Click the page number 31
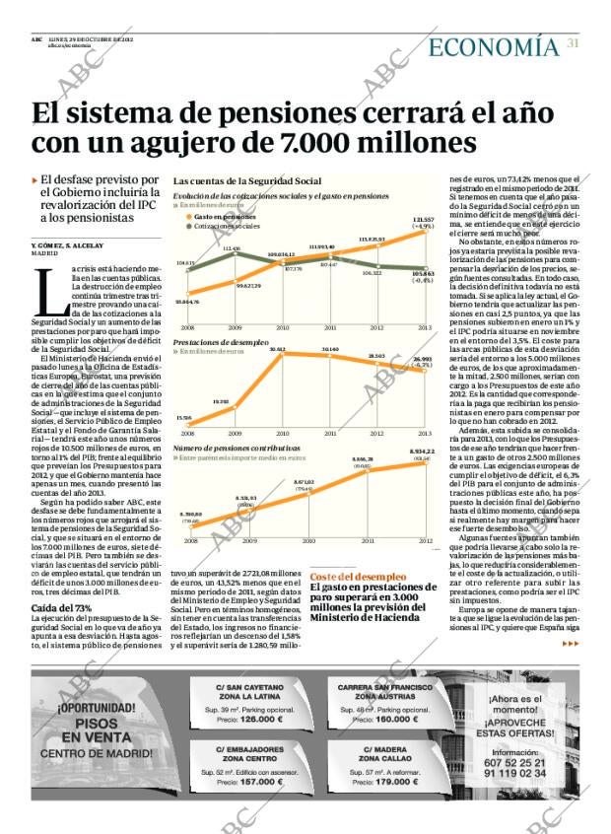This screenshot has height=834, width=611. coord(573,43)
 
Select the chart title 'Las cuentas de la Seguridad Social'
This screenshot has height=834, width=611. coord(247,181)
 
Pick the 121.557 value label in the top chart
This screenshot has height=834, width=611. coord(423,220)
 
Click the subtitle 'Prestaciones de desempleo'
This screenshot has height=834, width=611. coord(221,341)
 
